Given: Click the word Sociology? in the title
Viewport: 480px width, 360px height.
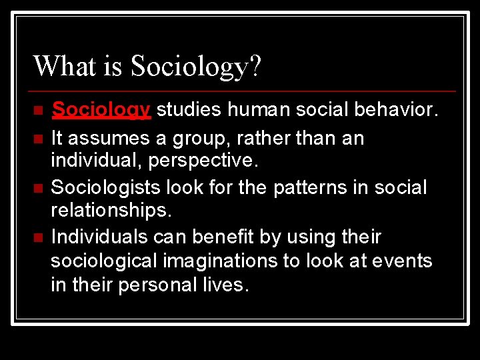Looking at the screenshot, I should [197, 67].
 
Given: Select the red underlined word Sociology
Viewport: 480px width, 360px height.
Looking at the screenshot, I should [101, 109].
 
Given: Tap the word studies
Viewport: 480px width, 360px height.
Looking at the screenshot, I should [190, 109].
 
